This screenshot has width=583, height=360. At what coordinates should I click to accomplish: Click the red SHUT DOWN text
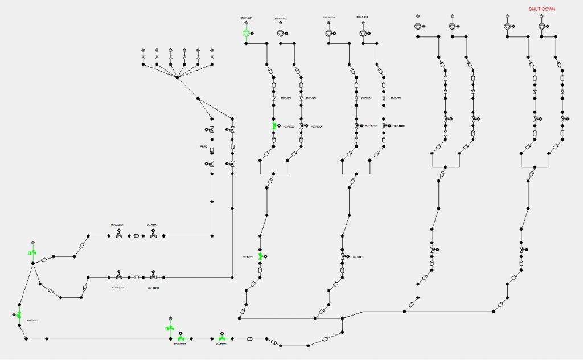[541, 9]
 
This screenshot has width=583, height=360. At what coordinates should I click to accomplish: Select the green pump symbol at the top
[246, 34]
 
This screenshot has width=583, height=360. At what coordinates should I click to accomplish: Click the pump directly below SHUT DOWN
[541, 26]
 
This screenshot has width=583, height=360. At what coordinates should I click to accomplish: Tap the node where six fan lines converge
[177, 78]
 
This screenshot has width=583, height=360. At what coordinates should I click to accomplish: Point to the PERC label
[203, 147]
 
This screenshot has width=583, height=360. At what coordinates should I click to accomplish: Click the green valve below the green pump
[274, 126]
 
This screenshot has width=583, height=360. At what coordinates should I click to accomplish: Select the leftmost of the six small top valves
[143, 59]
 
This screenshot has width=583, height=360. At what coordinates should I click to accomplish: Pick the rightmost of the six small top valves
[212, 59]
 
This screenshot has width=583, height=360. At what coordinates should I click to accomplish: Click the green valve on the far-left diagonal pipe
[19, 314]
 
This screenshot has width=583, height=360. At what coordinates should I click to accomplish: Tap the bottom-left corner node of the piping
[26, 339]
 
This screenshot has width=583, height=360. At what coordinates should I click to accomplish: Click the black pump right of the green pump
[280, 34]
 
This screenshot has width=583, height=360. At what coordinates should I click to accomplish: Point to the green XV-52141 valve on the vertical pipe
[260, 257]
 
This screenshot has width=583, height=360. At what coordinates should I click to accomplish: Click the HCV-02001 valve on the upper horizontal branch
[118, 235]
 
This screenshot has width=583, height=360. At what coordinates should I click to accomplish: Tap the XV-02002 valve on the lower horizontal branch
[153, 277]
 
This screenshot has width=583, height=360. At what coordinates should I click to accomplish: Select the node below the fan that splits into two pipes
[198, 99]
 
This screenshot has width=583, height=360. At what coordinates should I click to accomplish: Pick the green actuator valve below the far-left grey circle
[32, 253]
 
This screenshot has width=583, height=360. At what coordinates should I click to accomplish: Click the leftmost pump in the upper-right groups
[418, 26]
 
